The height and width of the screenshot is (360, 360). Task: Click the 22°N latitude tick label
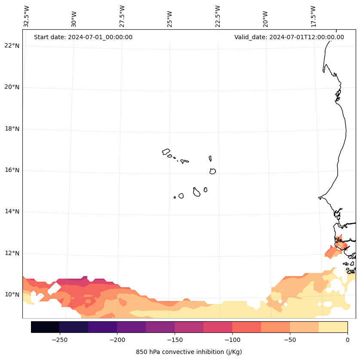[12, 46]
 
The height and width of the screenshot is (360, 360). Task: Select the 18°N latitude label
[12, 129]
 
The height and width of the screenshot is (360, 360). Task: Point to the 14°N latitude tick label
[12, 211]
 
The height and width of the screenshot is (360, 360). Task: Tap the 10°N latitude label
[12, 295]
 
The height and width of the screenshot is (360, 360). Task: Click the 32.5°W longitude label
[27, 16]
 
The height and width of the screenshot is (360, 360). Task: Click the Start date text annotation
[83, 37]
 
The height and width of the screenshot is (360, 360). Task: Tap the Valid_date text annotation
[289, 37]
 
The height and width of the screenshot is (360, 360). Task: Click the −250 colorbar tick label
[59, 340]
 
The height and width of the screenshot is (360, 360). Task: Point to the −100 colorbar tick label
[232, 340]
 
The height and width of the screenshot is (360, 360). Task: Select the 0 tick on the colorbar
[347, 340]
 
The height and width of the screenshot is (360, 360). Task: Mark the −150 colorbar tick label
[175, 340]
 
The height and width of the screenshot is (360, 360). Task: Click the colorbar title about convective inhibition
[189, 352]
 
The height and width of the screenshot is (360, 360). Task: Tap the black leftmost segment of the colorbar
[45, 327]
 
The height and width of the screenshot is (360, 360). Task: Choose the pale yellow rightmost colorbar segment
[333, 327]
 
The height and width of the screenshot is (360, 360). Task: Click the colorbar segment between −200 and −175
[131, 327]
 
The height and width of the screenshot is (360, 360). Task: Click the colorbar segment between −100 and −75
[246, 327]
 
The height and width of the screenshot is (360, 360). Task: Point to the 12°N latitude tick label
[12, 253]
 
